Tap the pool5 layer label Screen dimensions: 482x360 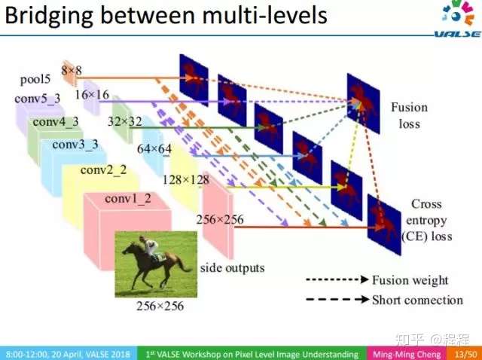tap(35, 80)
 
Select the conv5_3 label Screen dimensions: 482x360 tap(38, 99)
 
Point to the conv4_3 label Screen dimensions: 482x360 tap(56, 122)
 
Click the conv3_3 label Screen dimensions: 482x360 tap(75, 145)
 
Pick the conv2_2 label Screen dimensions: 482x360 tap(104, 170)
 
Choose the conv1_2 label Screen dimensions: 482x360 tap(128, 199)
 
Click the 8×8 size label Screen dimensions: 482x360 tap(72, 71)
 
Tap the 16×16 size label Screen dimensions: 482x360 tap(92, 95)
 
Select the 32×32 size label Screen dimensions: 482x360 tap(125, 122)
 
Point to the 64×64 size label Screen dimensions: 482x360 tap(154, 149)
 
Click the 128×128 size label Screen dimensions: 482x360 tap(186, 180)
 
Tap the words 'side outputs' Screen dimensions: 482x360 tap(233, 268)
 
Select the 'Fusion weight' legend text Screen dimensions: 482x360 tap(410, 280)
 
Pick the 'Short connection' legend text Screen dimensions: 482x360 tap(417, 301)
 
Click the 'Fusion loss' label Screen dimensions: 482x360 tap(409, 115)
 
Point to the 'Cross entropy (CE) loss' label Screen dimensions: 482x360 tap(426, 221)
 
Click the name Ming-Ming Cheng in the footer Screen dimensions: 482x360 tap(407, 354)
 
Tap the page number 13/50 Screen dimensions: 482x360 tap(466, 354)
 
